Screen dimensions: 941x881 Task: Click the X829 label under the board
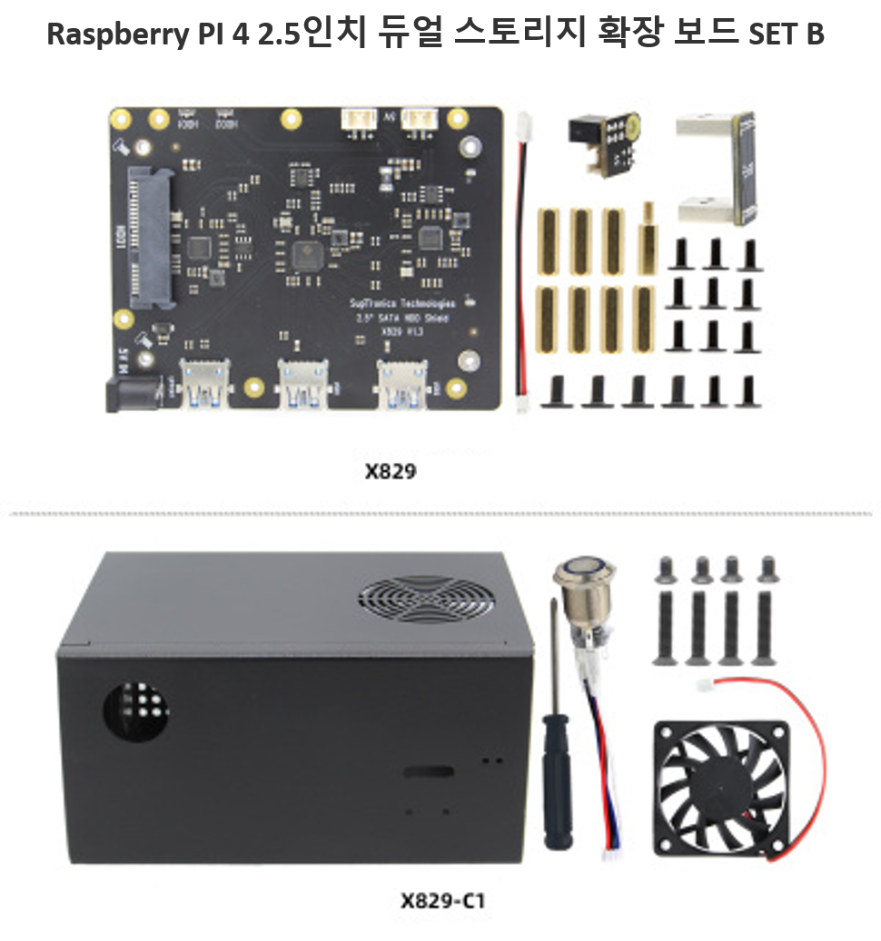coord(391,472)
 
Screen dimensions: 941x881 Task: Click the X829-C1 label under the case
coord(442,901)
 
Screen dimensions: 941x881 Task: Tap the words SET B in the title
coord(787,34)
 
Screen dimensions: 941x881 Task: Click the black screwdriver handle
coord(556,781)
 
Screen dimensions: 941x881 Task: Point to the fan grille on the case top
coord(426,599)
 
